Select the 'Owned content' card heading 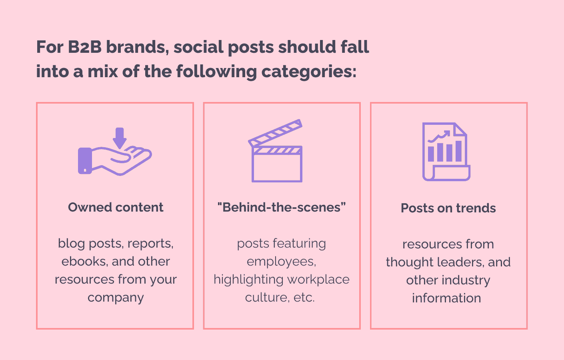tap(116, 207)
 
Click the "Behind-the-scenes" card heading tap(282, 207)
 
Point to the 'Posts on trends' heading tap(448, 208)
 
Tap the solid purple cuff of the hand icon tap(85, 160)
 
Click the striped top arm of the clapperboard tap(275, 133)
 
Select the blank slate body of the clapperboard tap(277, 168)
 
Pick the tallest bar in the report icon tap(458, 151)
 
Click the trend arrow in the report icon tap(439, 136)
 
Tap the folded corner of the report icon tap(460, 129)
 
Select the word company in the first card tap(116, 298)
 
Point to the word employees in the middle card tap(281, 261)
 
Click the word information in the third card tap(446, 298)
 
